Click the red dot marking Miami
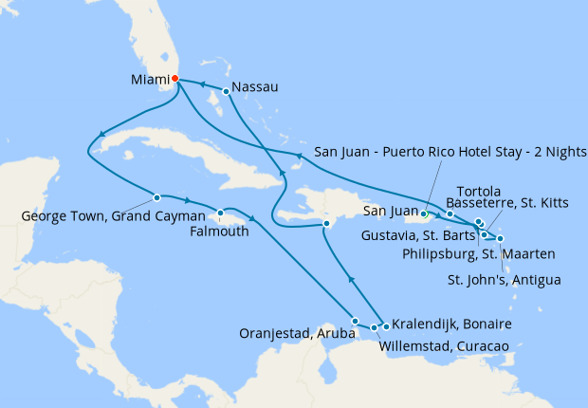pos(175,80)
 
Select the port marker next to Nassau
pos(226,92)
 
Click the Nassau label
pos(256,87)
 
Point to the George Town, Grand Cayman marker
pos(156,198)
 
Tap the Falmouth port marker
pos(220,213)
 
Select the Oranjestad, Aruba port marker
pos(356,321)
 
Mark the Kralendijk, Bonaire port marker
pos(387,326)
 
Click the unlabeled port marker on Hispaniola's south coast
pos(326,224)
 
